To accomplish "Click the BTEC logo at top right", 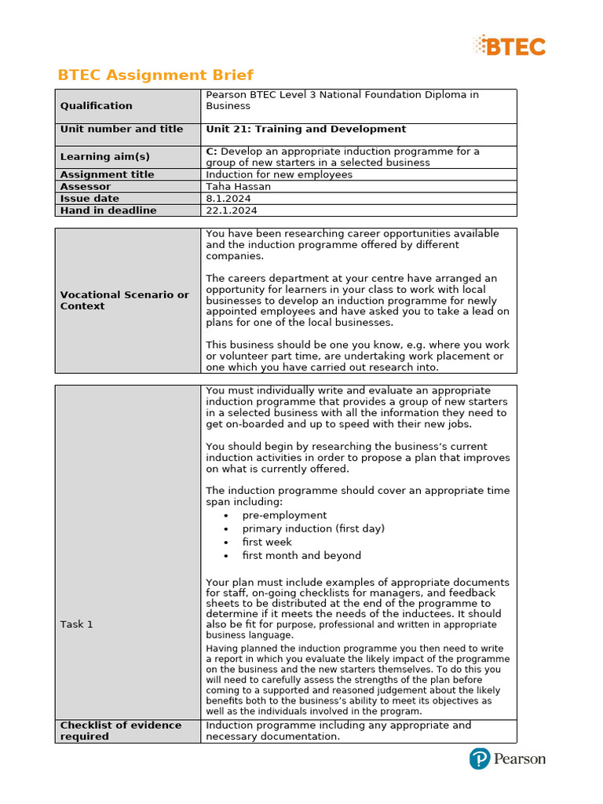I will (510, 46).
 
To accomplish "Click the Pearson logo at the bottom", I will (507, 758).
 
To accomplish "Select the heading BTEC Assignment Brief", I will (155, 75).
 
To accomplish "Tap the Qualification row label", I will (97, 106).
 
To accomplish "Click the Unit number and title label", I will (122, 130).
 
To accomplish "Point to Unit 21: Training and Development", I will (306, 130).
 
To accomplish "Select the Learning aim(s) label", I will (105, 157).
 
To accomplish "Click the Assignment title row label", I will (108, 174).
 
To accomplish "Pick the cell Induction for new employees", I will (279, 174).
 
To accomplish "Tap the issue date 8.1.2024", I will (228, 199).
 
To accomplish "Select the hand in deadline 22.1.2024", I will (232, 210).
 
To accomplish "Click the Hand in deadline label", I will (108, 210).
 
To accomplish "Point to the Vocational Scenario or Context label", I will (125, 301).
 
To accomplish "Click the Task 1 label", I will (77, 624).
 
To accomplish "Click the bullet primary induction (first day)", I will (313, 529).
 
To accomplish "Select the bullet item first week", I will (267, 543).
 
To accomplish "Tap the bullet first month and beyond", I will (301, 556).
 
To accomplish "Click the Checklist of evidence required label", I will (121, 731).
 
